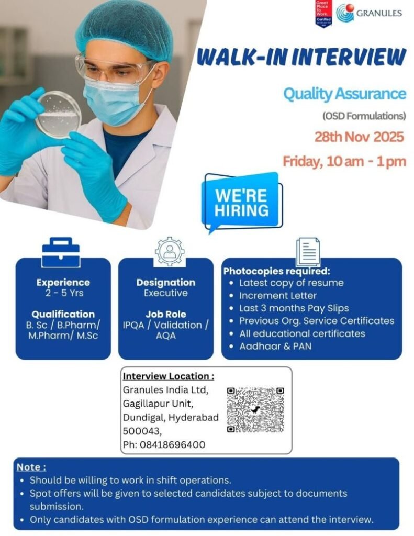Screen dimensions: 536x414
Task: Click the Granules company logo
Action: tap(369, 13)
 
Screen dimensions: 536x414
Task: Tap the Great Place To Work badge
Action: tap(323, 14)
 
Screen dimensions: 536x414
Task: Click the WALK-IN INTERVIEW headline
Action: tap(301, 57)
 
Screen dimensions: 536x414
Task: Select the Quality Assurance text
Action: tap(344, 94)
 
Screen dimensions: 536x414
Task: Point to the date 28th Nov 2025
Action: tap(359, 137)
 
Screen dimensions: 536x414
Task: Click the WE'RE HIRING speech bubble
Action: tap(241, 202)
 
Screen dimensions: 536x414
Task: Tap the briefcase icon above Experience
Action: tap(61, 253)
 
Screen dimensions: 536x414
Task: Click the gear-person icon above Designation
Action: tap(170, 252)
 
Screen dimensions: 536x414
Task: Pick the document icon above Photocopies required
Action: tap(308, 252)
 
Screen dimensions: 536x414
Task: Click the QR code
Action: tap(256, 409)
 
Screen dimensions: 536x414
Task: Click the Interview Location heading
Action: tap(168, 376)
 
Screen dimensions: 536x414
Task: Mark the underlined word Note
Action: tap(31, 467)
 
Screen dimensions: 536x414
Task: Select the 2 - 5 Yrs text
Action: tap(63, 293)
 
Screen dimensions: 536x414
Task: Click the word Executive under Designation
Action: tap(166, 293)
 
